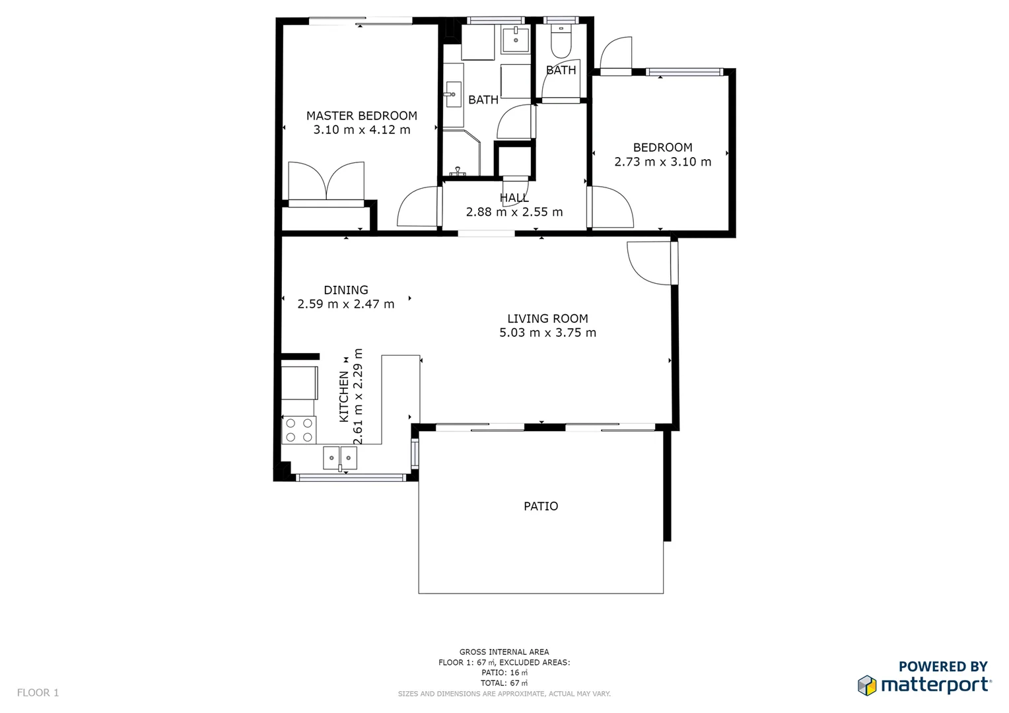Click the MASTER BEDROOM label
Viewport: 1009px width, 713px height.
coord(361,116)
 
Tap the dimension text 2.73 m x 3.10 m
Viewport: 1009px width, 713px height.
coord(662,162)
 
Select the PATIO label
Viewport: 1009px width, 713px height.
coord(540,506)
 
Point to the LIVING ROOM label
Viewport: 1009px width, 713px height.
coord(547,318)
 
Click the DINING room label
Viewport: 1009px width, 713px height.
coord(345,290)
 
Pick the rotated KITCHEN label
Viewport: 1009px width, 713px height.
coord(343,396)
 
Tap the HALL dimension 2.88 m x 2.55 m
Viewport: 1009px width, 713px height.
coord(514,212)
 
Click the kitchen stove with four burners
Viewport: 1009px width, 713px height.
coord(299,430)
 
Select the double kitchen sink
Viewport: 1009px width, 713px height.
coord(339,457)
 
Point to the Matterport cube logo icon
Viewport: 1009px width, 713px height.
coord(866,685)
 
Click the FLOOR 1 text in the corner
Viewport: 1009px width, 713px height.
coord(38,693)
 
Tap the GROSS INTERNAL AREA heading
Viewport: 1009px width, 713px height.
coord(504,652)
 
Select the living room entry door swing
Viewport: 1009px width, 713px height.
coord(650,263)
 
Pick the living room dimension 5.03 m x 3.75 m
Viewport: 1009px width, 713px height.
coord(547,333)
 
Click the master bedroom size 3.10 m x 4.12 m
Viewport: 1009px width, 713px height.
coord(361,130)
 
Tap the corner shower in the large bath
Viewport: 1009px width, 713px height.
coord(460,153)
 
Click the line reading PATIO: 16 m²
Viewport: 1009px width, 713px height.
coord(504,673)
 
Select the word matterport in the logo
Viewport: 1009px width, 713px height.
coord(935,685)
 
